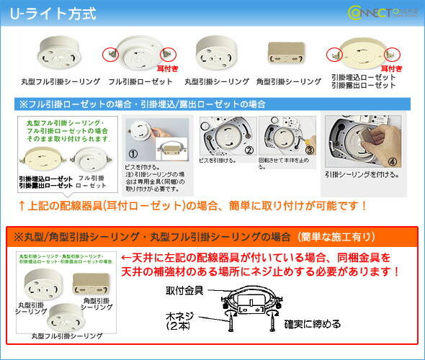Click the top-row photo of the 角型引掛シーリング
283,52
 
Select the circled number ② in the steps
249,150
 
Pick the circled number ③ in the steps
308,150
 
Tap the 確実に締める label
313,324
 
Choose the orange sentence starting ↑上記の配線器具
194,206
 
